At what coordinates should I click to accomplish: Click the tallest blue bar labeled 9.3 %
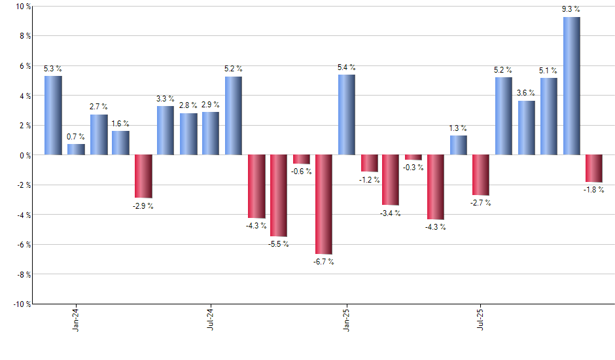click(x=571, y=86)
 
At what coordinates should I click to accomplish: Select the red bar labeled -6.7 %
click(x=324, y=204)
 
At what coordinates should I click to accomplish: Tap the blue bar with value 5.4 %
click(x=346, y=115)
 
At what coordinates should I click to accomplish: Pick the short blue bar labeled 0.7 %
click(x=76, y=149)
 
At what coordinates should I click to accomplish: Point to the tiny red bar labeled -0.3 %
click(x=413, y=157)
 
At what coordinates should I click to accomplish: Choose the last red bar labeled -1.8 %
click(x=593, y=168)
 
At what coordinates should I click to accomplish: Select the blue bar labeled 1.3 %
click(x=458, y=145)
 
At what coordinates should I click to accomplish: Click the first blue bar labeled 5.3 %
click(x=54, y=115)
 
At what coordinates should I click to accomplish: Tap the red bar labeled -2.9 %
click(x=143, y=176)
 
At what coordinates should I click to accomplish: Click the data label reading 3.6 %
click(x=526, y=93)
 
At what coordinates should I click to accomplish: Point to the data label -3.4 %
click(x=391, y=213)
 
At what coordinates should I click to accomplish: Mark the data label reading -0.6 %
click(x=301, y=171)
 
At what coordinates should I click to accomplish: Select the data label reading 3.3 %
click(x=166, y=99)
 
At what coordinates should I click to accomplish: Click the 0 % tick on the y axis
click(x=26, y=155)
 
